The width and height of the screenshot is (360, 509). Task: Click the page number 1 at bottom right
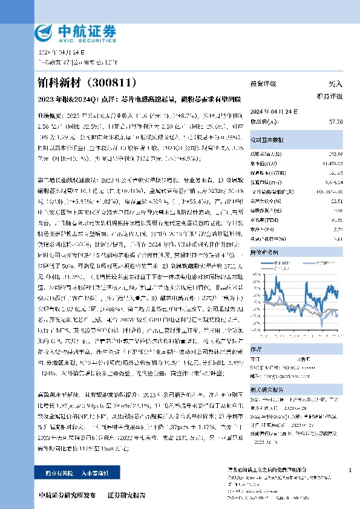pyautogui.click(x=351, y=469)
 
